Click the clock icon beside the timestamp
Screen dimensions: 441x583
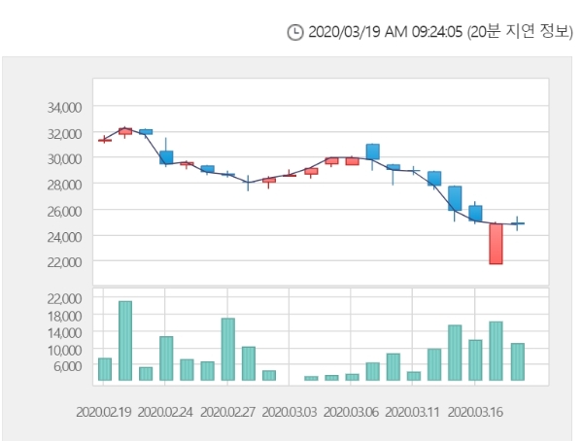(296, 33)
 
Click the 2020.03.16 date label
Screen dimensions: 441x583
(474, 411)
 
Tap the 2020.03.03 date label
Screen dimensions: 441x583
(290, 411)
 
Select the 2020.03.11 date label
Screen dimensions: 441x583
(412, 411)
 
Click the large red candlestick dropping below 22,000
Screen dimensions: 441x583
(496, 244)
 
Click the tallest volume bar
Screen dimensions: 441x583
(125, 340)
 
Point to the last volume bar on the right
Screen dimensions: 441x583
(517, 361)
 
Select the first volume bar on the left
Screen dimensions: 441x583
(105, 369)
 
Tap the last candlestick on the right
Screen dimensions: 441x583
(517, 223)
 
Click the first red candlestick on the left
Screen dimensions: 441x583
(105, 140)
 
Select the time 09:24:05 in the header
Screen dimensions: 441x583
(429, 33)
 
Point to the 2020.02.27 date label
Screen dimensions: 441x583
(227, 411)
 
